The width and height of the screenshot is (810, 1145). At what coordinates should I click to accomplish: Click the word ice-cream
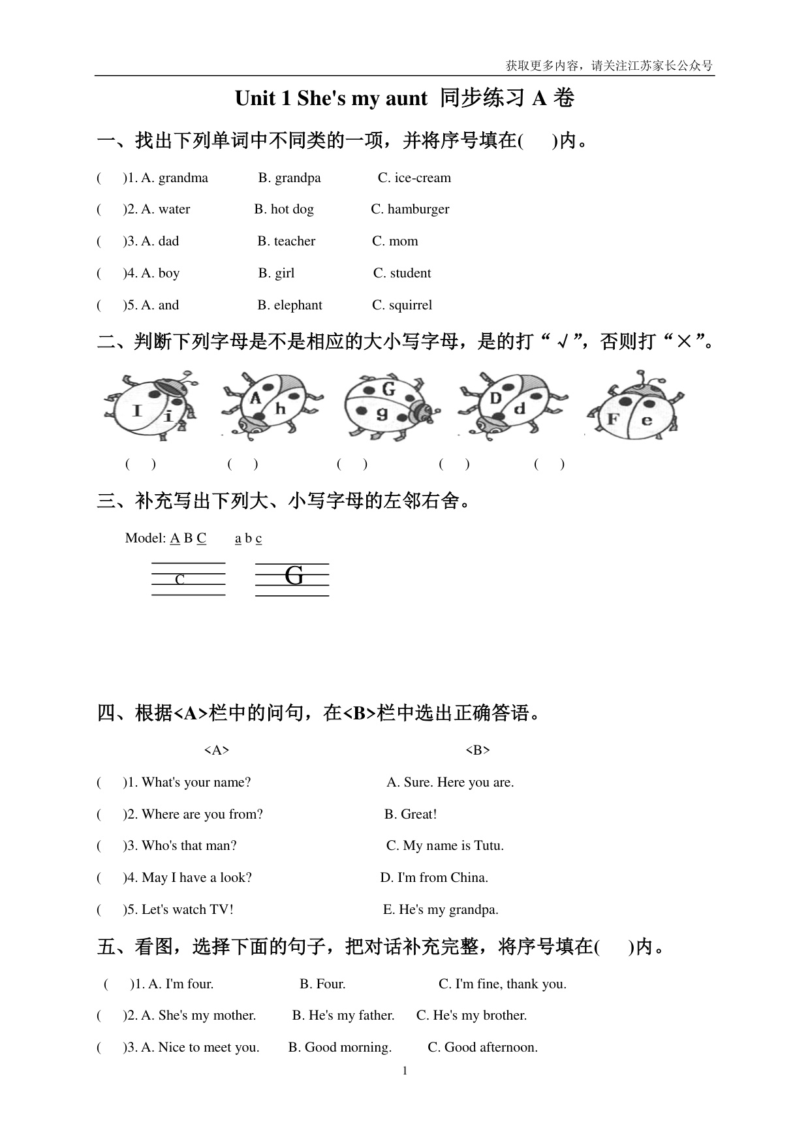coord(422,178)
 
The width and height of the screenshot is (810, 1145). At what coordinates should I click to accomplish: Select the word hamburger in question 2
coord(418,210)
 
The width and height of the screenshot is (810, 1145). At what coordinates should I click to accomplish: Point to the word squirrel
coord(411,306)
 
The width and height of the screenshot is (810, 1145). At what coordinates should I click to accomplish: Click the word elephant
coord(298,306)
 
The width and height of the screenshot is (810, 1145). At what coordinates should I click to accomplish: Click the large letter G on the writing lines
coord(294,576)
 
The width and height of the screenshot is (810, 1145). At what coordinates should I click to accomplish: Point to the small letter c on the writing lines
coord(180,579)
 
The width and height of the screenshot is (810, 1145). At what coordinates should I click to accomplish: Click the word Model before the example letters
coord(145,539)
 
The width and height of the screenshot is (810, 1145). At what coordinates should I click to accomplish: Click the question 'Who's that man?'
coord(189,846)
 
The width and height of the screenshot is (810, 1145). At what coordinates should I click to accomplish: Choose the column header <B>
coord(478,751)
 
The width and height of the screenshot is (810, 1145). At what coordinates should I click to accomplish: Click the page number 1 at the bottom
coord(405,1071)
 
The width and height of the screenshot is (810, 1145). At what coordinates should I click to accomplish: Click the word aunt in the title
coord(402,99)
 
